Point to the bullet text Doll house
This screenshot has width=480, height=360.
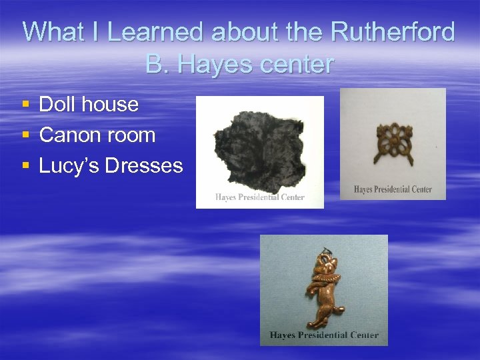(x=89, y=104)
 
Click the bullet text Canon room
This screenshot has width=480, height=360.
(x=97, y=135)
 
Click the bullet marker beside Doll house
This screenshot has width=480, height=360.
(x=25, y=105)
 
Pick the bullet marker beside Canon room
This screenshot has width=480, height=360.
(x=25, y=135)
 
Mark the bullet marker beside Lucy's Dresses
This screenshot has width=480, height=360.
(x=25, y=166)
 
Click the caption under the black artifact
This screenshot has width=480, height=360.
(x=259, y=197)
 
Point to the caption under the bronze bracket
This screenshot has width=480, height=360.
(x=393, y=189)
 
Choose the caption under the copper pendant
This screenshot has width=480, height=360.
(x=324, y=335)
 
